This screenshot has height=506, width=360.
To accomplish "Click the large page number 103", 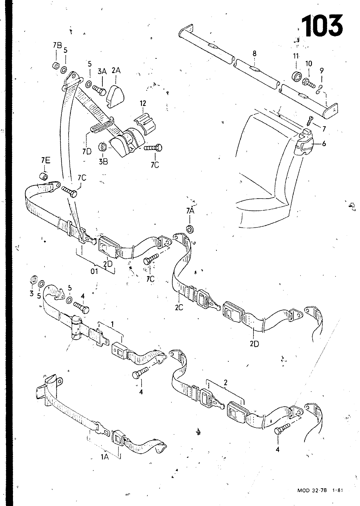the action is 322,26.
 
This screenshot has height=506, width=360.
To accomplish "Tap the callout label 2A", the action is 116,71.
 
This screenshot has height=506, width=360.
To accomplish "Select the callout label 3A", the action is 102,71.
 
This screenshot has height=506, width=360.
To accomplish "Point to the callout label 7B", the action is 57,46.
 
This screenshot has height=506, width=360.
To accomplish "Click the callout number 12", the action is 143,103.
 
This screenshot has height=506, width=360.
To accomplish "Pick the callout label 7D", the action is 87,151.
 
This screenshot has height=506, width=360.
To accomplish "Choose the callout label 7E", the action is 46,161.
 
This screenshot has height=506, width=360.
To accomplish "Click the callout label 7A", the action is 190,211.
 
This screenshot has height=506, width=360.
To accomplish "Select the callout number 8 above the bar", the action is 255,53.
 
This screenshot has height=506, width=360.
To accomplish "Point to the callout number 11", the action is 296,56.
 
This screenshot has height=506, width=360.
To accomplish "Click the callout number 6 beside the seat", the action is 324,144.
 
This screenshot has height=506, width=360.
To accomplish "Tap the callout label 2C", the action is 179,307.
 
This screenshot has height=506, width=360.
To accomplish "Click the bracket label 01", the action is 94,271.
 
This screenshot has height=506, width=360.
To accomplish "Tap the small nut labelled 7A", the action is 190,229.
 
